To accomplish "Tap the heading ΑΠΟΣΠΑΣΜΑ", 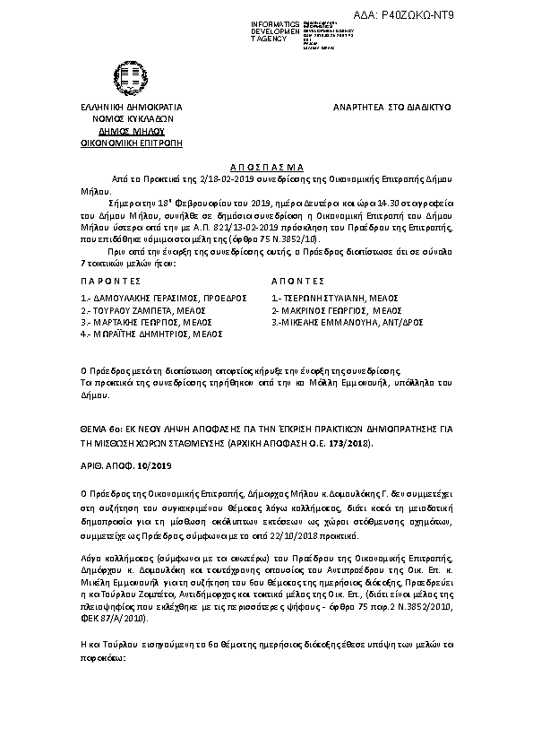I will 269,167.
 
